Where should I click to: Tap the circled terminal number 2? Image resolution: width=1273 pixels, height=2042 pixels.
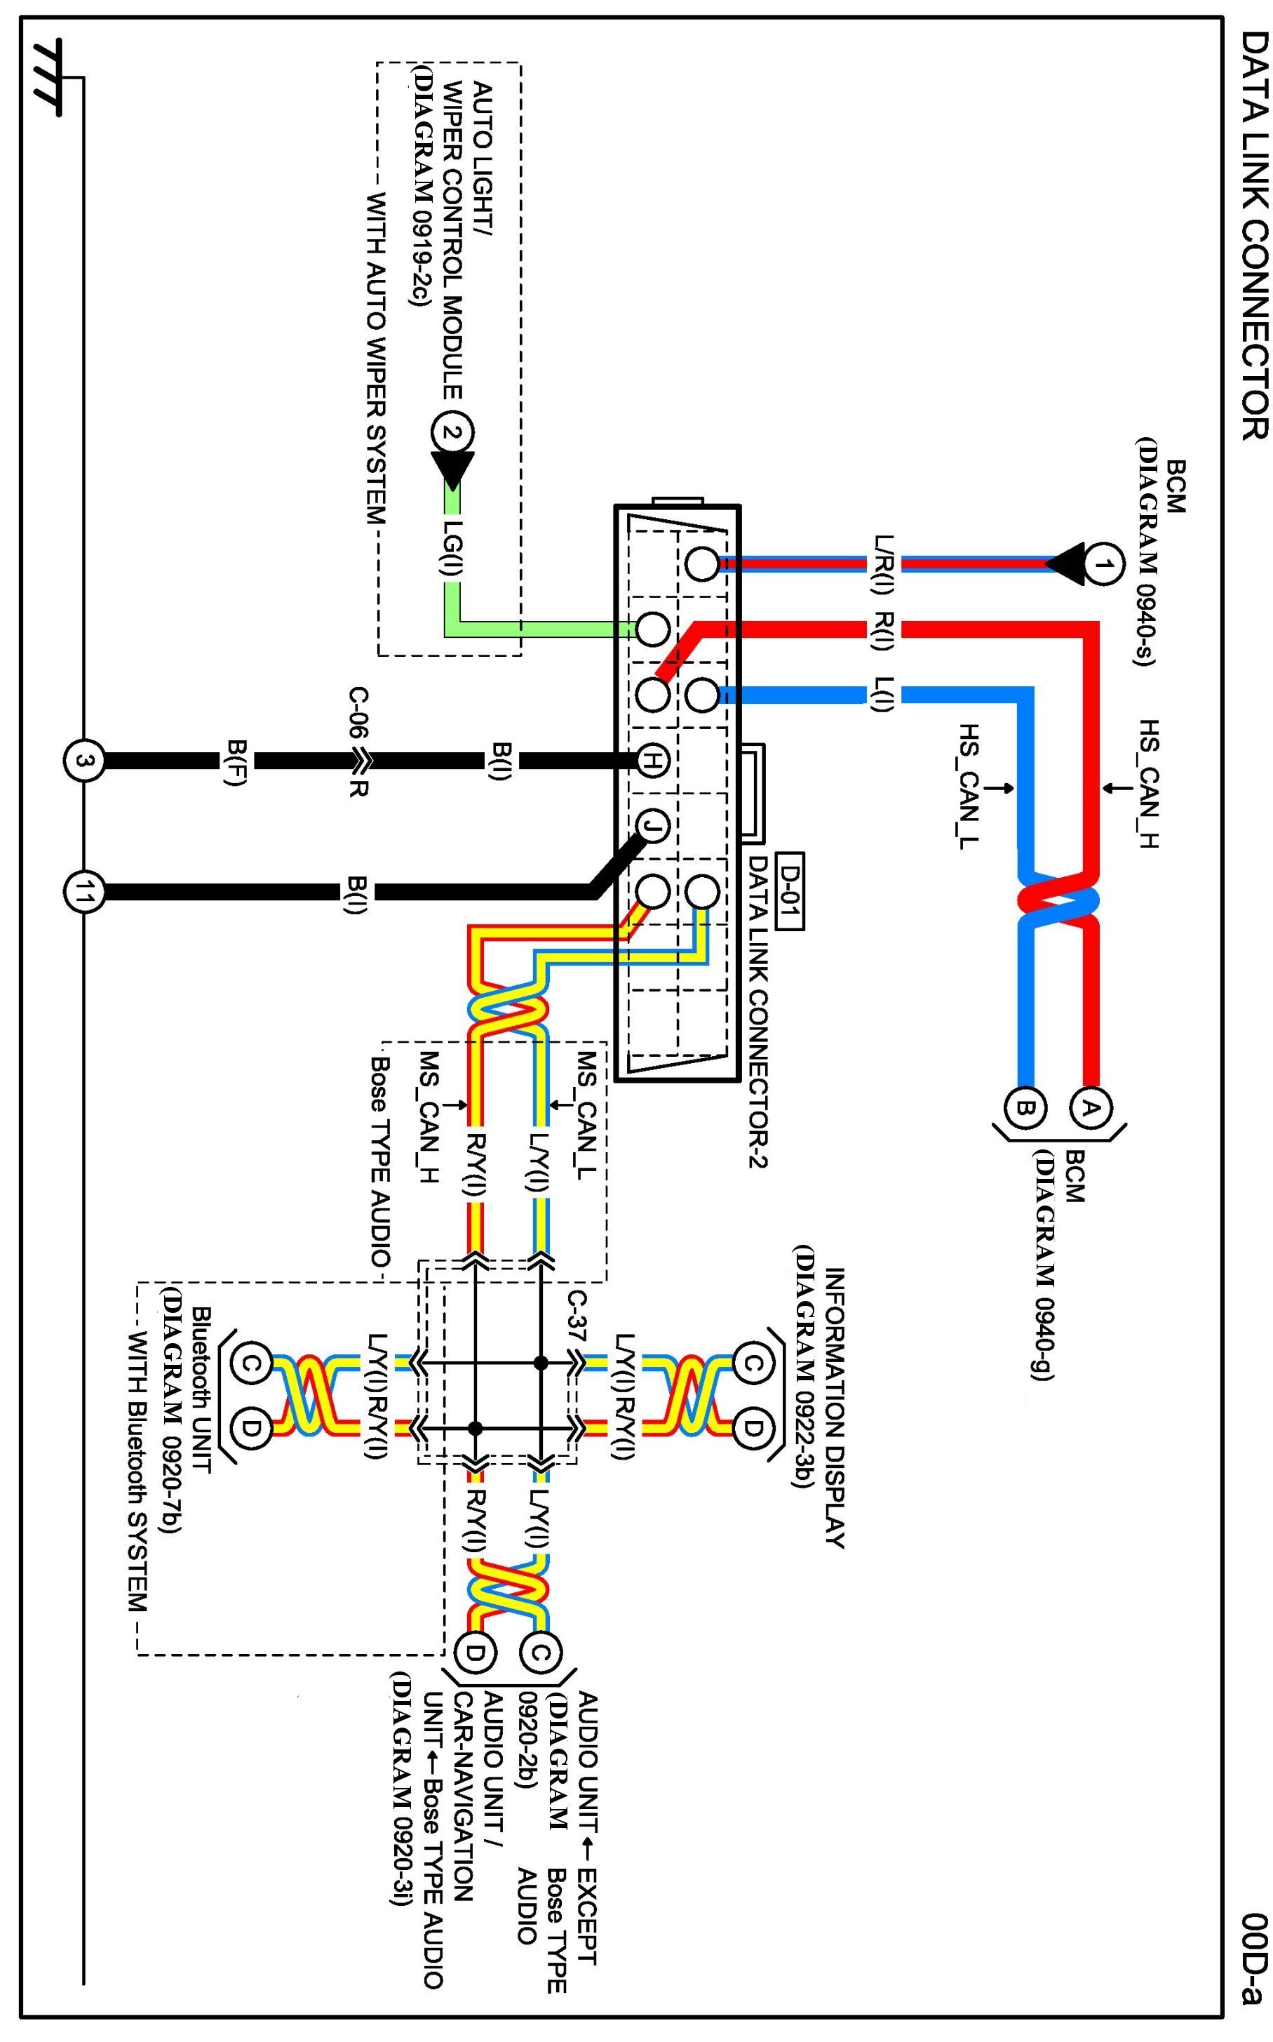click(452, 434)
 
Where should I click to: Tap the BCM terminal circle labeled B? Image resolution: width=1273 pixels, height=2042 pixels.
click(1025, 1108)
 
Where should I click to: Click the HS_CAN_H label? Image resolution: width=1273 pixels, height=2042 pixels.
click(1150, 784)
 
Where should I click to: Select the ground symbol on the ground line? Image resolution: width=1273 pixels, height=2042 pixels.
click(47, 77)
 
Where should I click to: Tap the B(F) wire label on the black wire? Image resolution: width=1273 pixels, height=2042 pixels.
click(236, 761)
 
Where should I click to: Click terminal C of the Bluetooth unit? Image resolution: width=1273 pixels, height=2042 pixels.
click(255, 1364)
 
